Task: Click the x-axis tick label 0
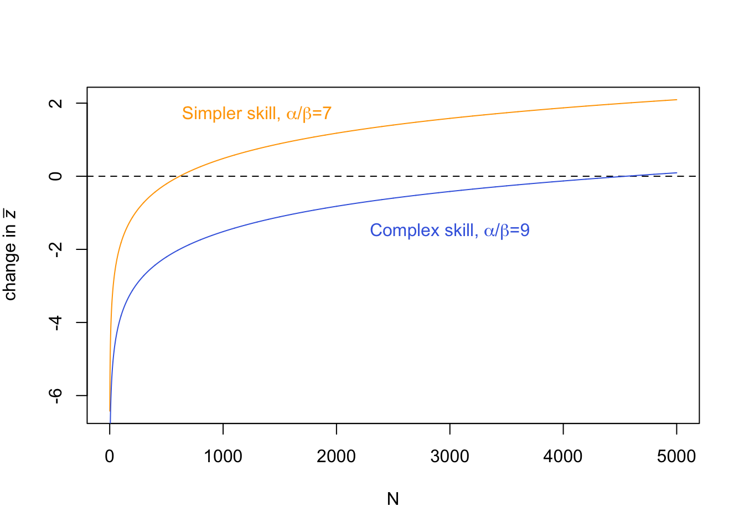pos(110,457)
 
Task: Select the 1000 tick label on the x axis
pos(223,457)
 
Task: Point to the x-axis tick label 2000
pos(336,457)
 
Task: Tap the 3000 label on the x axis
pos(449,457)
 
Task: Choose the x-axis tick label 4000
pos(563,457)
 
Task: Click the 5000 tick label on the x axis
pos(676,457)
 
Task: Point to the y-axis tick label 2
pos(55,103)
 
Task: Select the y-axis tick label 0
pos(55,176)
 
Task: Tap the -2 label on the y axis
pos(55,249)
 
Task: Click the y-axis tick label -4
pos(55,323)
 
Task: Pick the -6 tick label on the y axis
pos(55,396)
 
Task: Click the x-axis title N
pos(393,499)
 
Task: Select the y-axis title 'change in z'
pos(10,255)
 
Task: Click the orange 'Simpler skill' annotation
pos(256,114)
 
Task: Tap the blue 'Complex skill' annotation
pos(449,231)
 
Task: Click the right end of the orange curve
pos(676,100)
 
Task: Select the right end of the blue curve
pos(676,173)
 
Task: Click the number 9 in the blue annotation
pos(525,231)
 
